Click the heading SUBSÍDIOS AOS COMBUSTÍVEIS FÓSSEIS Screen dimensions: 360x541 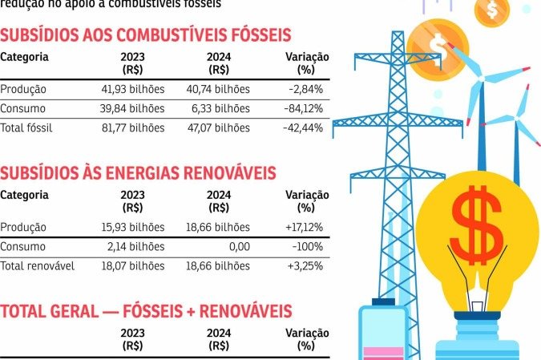(x=145, y=35)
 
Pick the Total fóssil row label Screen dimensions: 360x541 (x=26, y=127)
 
